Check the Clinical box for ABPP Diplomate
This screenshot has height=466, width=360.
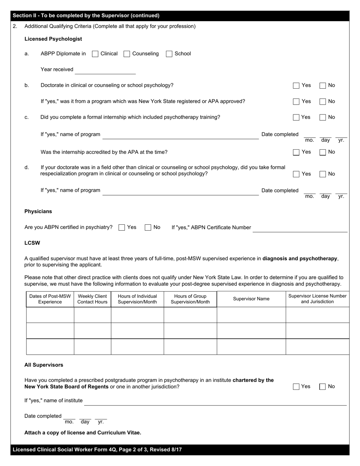(95, 54)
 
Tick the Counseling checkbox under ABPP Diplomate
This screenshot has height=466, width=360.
(127, 54)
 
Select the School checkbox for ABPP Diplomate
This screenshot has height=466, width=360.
(169, 54)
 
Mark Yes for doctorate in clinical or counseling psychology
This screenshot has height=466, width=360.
(296, 86)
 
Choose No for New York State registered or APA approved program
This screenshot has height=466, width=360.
(322, 102)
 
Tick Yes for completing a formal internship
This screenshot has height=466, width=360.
(296, 117)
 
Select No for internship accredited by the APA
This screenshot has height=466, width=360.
(322, 152)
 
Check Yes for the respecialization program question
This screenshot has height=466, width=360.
(296, 174)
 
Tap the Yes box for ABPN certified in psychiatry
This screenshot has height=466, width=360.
(122, 228)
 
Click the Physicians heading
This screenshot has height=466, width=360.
(38, 211)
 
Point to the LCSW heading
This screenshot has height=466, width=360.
(32, 243)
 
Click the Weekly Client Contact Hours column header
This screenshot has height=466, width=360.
(92, 299)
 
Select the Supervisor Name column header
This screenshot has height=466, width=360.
(251, 299)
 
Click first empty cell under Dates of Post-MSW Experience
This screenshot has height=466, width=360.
(50, 315)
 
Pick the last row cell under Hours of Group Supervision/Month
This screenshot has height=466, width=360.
(190, 347)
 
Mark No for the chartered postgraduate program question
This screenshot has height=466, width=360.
(322, 387)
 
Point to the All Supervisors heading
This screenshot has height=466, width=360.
(44, 365)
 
